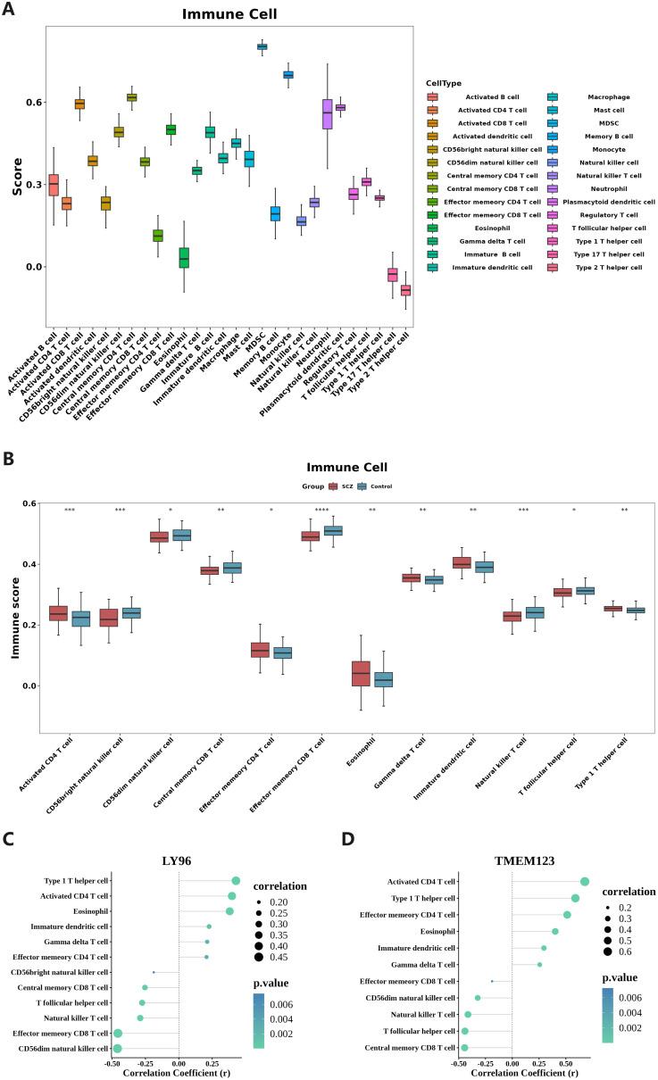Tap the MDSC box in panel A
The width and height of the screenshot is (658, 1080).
coord(262,46)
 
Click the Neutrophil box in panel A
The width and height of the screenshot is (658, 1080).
coord(327,113)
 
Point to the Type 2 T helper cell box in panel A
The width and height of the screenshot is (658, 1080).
coord(405,290)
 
